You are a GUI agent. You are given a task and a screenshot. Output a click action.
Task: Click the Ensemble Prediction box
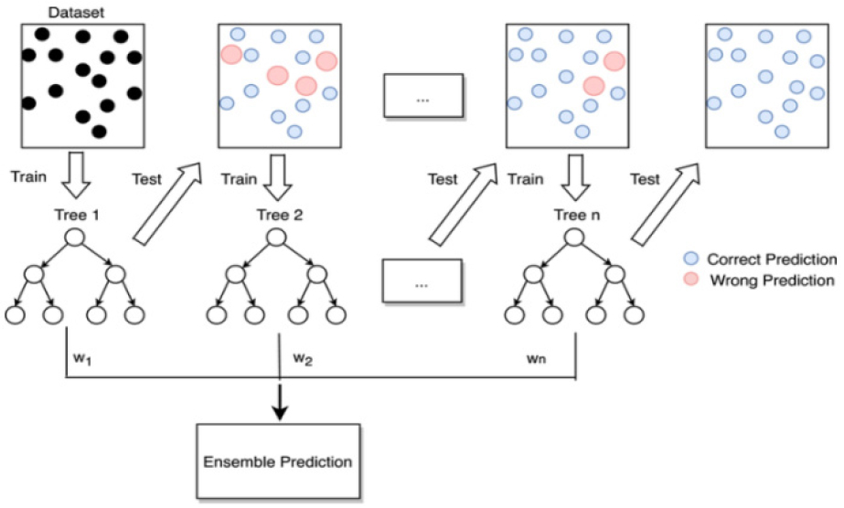coord(278,461)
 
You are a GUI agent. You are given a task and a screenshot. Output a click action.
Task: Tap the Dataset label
coord(75,13)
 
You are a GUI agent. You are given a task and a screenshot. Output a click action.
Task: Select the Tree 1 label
coord(77,215)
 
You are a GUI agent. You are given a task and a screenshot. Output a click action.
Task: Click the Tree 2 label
coord(280,215)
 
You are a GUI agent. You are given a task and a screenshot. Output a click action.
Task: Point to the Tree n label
coord(577,215)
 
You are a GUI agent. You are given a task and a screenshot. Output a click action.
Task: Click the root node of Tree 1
coord(75,237)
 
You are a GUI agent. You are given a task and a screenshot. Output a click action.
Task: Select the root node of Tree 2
coord(276,237)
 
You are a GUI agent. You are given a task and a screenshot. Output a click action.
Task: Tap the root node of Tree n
coord(575,237)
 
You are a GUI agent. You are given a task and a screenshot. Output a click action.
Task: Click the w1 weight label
coord(81,359)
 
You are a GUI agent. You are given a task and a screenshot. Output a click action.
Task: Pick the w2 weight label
coord(303,359)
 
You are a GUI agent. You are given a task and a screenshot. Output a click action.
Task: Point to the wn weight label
coord(536,358)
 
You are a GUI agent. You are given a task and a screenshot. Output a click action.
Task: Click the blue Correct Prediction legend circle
coord(690,258)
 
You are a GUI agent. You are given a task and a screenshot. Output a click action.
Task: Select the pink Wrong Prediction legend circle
coord(690,279)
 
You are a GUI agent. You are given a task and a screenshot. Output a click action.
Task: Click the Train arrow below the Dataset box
coord(76,175)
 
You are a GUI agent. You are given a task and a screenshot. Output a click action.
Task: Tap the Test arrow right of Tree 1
coord(166,204)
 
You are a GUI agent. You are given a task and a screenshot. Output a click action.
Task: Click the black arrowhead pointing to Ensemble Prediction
coord(280,412)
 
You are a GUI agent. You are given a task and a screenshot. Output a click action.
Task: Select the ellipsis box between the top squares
coord(423,96)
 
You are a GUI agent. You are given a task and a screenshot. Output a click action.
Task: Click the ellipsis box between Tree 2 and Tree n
coord(422,281)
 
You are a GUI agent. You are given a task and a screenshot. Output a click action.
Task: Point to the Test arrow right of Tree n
coord(665,204)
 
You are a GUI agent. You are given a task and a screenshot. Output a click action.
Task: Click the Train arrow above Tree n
coord(575,177)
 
